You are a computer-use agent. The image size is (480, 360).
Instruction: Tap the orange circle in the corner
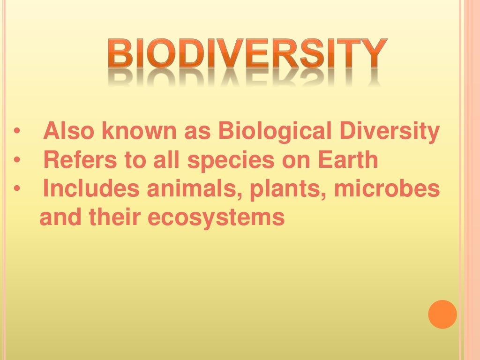[442, 314]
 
